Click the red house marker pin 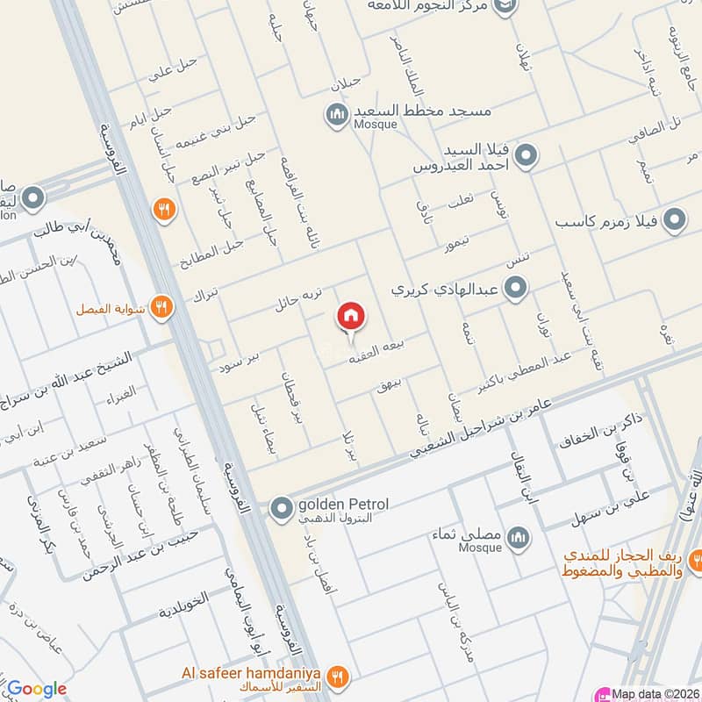(351, 317)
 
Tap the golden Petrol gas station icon (281, 508)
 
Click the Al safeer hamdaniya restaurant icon (338, 676)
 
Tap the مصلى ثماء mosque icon (519, 537)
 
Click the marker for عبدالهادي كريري (517, 287)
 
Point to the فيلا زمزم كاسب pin (673, 219)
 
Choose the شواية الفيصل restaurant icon (160, 306)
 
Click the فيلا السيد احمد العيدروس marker (525, 158)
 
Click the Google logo (37, 689)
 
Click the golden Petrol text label (344, 504)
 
